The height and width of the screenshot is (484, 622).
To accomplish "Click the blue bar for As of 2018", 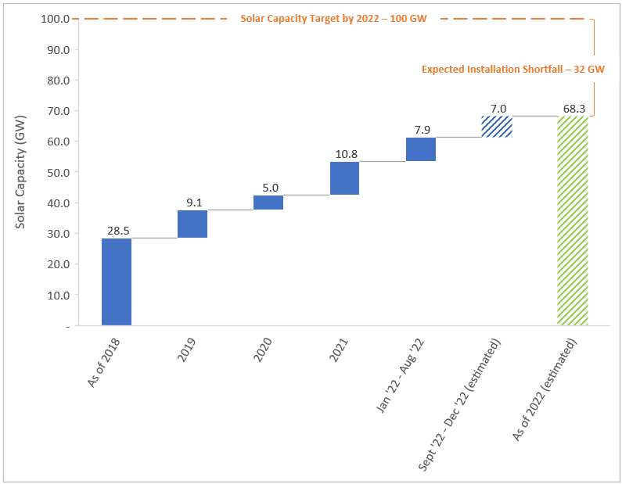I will tap(117, 281).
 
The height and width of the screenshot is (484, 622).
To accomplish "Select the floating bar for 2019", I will tap(192, 224).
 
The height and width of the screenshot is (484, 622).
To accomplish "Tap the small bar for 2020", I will tap(268, 203).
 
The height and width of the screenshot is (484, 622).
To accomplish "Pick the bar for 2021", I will tap(344, 178).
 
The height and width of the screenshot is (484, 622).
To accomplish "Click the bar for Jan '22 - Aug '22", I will tap(420, 149).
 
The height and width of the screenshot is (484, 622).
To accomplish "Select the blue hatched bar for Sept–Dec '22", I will tap(497, 127).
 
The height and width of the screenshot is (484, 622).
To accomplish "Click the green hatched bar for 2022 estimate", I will tap(573, 220).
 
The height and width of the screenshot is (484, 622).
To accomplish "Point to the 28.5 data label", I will tap(117, 231).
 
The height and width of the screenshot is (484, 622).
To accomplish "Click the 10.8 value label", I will tap(344, 154).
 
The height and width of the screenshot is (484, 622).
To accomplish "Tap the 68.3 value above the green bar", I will tap(573, 109).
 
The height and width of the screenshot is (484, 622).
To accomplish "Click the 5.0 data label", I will tap(268, 188).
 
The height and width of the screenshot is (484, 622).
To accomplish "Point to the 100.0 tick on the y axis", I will tap(54, 19).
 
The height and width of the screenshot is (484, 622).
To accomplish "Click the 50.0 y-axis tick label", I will tap(57, 172).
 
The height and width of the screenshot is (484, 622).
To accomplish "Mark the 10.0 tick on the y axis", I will tap(57, 295).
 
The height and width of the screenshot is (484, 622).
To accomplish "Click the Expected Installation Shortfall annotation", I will tap(512, 69).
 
